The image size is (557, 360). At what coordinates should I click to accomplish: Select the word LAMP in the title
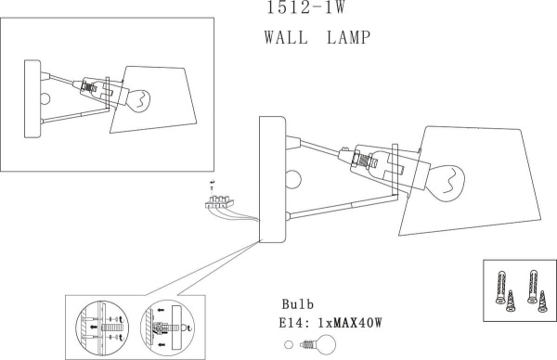(x=348, y=39)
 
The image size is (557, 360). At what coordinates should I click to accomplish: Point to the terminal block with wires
(x=221, y=200)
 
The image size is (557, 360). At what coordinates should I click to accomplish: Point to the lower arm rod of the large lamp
(x=343, y=206)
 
